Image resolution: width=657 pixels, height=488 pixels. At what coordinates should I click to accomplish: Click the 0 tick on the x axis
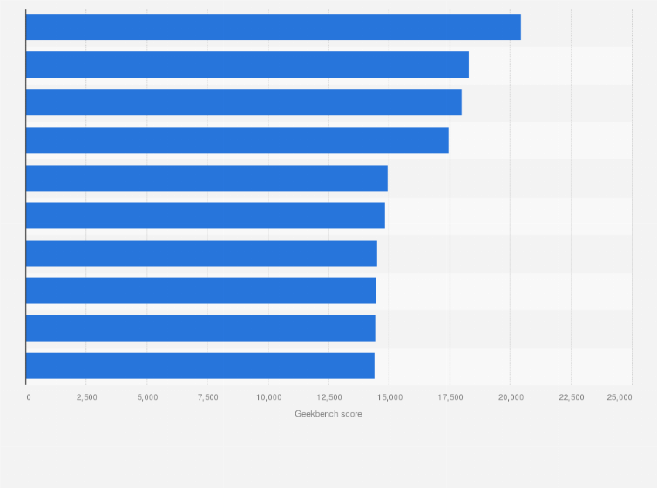[29, 397]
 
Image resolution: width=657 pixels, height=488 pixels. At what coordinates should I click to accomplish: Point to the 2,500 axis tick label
[86, 397]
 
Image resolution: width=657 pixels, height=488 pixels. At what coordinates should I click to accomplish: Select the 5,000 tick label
[147, 397]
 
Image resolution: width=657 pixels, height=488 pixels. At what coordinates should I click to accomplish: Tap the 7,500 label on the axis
[207, 397]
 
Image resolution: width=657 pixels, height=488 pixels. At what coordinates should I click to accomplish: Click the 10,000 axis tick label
[268, 397]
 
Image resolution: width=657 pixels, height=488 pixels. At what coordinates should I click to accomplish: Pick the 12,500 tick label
[328, 397]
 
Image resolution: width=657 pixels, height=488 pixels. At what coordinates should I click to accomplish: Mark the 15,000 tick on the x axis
[389, 397]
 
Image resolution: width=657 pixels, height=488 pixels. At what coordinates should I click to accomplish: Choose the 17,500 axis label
[450, 397]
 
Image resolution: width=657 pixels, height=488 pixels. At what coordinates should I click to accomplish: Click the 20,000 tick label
[511, 397]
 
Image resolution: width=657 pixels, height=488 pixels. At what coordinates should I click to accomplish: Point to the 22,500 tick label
[571, 397]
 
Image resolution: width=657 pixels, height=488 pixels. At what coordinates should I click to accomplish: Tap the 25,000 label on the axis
[620, 397]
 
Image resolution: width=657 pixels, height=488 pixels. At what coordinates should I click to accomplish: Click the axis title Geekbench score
[328, 414]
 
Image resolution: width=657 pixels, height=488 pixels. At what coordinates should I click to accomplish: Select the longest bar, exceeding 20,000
[274, 27]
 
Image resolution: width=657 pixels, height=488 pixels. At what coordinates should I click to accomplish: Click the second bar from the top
[247, 64]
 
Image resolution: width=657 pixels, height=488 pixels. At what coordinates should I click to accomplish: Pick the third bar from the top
[244, 102]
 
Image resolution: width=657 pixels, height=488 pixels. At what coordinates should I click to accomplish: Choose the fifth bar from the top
[207, 178]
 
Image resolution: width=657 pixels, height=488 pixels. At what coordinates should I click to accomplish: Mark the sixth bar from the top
[206, 215]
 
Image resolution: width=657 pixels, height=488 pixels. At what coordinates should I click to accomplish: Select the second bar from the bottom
[200, 329]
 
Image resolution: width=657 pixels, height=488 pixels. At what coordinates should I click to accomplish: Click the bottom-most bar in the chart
[200, 366]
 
